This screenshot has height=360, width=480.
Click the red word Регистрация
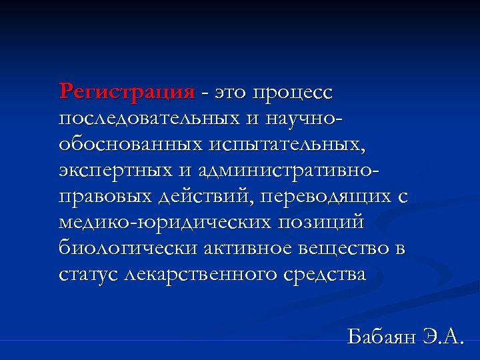[127, 91]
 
